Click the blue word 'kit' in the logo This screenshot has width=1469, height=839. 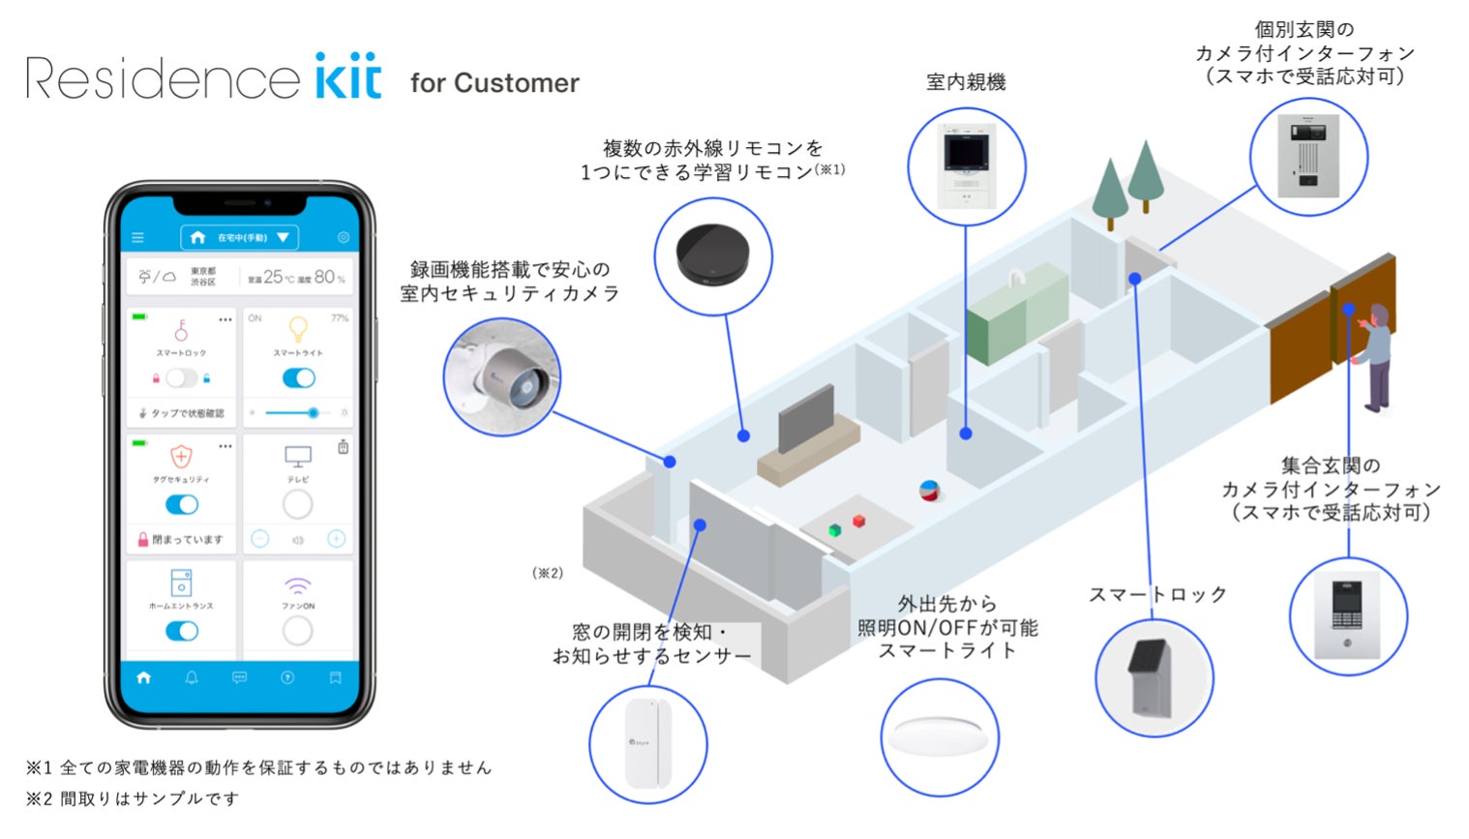click(x=348, y=76)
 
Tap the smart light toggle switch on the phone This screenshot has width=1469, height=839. click(x=298, y=378)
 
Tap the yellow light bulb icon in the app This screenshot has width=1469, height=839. click(x=298, y=329)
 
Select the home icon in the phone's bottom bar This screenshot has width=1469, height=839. click(x=144, y=677)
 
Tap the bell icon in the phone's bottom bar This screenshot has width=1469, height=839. click(x=192, y=677)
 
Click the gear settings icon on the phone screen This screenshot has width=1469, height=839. click(x=344, y=237)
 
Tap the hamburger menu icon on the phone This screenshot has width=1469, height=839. click(x=137, y=237)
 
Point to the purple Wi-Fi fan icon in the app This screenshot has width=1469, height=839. click(x=298, y=585)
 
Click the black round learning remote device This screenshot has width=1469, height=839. click(x=713, y=255)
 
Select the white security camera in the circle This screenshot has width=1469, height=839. click(x=503, y=376)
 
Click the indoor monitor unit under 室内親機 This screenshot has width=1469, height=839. click(x=967, y=166)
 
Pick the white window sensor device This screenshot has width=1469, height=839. click(x=648, y=743)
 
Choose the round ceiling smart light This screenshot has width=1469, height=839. click(x=940, y=735)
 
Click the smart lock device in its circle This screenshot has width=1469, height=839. click(x=1151, y=678)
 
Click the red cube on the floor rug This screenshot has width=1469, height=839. click(x=858, y=522)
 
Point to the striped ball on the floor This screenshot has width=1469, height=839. click(x=930, y=491)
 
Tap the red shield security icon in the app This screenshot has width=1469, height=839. click(x=181, y=456)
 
